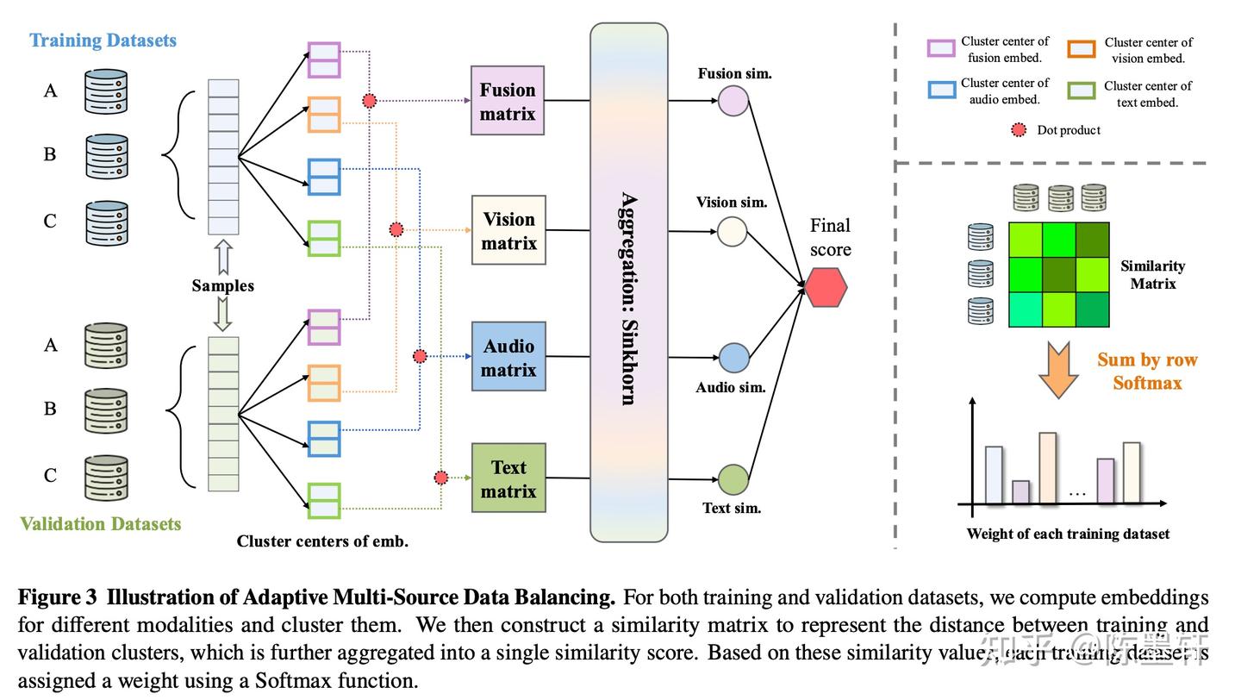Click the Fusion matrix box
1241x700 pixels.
click(x=508, y=101)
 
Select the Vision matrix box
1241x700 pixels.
click(x=508, y=230)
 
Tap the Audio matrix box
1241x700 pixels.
click(x=508, y=357)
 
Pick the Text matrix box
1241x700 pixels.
click(x=508, y=478)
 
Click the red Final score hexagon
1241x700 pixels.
click(x=826, y=287)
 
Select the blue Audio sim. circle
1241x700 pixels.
click(x=733, y=358)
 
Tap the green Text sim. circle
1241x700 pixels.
click(x=733, y=480)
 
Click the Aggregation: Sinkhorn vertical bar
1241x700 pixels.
click(x=628, y=283)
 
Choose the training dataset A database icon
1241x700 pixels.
click(x=106, y=91)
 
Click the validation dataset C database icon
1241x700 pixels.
click(x=106, y=478)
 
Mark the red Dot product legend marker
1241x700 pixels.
click(x=1020, y=131)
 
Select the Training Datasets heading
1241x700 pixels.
click(x=103, y=41)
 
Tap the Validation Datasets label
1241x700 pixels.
click(x=101, y=523)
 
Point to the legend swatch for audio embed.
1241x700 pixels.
click(x=941, y=90)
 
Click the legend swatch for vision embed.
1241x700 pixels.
click(x=1082, y=49)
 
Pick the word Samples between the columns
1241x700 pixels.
click(x=223, y=285)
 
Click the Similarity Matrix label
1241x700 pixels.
click(x=1152, y=274)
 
